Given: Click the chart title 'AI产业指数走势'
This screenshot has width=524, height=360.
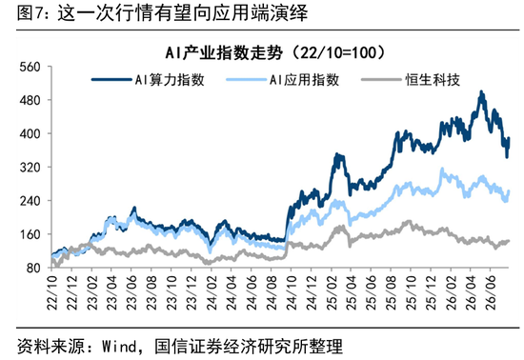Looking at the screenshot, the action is (x=224, y=52).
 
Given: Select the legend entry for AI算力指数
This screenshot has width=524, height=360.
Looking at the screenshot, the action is (x=148, y=80).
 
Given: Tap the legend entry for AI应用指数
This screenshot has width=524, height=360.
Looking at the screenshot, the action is (x=283, y=80).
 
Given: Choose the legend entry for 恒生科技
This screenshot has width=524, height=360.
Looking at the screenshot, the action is (x=411, y=80).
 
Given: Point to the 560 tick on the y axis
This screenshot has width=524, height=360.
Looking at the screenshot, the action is (x=30, y=67).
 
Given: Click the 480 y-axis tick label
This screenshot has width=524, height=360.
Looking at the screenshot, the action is (x=30, y=100).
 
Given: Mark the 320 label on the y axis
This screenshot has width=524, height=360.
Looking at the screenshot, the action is (x=30, y=168).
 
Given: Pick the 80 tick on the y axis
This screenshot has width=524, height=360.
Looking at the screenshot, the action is (x=33, y=268).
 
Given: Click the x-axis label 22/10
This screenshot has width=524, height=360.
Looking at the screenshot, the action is (x=52, y=293).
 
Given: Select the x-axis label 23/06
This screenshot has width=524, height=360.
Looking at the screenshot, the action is (x=132, y=293).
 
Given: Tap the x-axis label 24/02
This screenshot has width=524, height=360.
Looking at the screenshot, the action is (x=212, y=293).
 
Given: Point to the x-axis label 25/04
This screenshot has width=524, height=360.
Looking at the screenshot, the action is (x=352, y=293).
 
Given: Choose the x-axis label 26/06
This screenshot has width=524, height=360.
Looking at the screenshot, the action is (x=491, y=293).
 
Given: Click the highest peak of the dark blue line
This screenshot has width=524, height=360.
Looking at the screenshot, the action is (x=481, y=91).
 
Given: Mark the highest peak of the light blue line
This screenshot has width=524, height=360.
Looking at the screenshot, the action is (x=442, y=169).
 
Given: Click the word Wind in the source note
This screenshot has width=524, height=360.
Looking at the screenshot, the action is (x=119, y=347).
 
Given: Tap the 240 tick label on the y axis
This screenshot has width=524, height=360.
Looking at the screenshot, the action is (x=30, y=201).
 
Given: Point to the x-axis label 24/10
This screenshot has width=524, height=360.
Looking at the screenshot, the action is (x=292, y=293).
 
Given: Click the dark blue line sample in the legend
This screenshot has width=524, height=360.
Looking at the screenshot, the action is (x=111, y=80).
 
